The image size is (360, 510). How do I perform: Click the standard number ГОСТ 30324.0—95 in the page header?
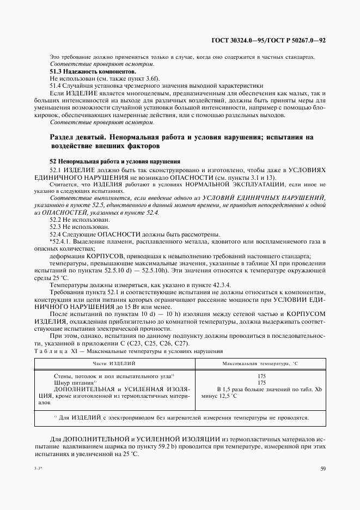(x=236, y=41)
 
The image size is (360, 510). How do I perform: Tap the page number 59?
(x=324, y=468)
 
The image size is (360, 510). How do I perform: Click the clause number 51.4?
(x=56, y=86)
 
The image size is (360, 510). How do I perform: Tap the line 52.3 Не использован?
(x=80, y=226)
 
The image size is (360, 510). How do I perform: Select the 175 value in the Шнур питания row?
(x=261, y=383)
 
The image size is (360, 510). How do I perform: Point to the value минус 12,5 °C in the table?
(x=219, y=396)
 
